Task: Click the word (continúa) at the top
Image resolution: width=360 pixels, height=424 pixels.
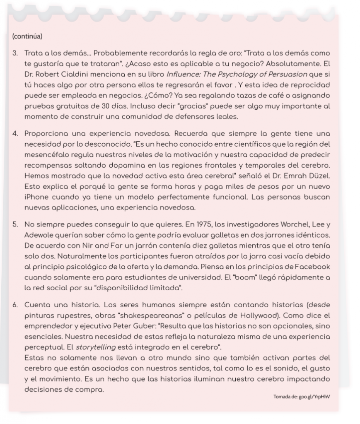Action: click(x=27, y=36)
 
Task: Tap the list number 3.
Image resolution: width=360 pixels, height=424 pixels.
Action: click(x=15, y=53)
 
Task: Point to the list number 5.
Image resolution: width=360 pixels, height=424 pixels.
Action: click(x=15, y=225)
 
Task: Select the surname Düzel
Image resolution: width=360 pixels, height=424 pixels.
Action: click(x=318, y=176)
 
